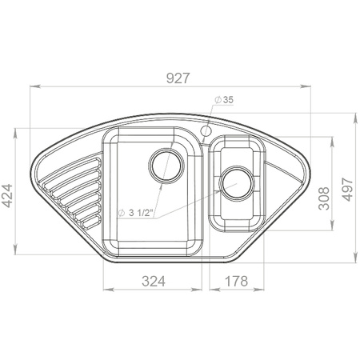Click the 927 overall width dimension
point(178,78)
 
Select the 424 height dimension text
point(7,195)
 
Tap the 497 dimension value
point(348,189)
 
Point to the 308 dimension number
point(324,198)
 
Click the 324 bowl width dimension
point(154,281)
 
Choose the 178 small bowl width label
point(236,281)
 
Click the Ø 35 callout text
point(224,100)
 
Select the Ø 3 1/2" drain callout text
point(135,213)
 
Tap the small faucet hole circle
point(206,131)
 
